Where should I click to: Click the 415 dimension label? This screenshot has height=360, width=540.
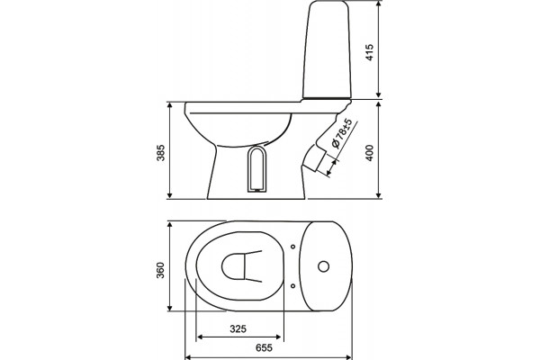point(370,52)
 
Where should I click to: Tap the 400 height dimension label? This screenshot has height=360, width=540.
point(370,153)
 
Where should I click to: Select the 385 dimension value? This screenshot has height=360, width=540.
point(161,153)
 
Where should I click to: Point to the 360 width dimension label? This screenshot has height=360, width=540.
point(161,270)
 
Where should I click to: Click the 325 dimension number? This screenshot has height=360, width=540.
point(238,329)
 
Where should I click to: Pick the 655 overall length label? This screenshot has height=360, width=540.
point(264,347)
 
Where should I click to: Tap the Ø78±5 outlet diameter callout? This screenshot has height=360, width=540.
point(342,134)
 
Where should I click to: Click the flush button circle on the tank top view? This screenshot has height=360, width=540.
point(323,266)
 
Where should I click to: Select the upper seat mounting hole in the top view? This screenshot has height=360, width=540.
point(292,247)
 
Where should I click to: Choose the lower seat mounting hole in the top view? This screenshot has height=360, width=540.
point(292,286)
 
